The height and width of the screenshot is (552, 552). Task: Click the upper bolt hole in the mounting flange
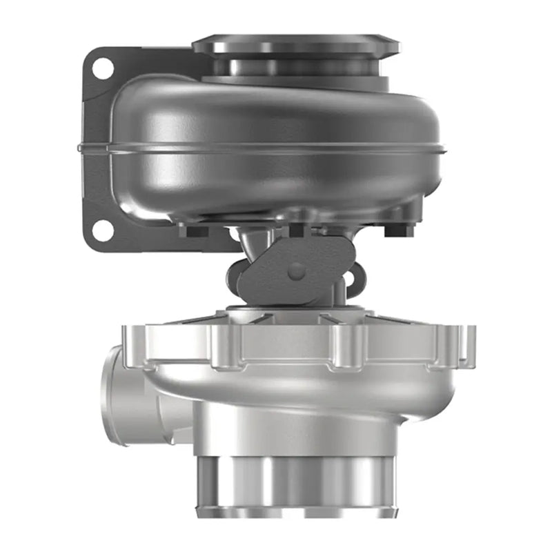pos(102,68)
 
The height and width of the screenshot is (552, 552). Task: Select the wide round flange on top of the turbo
pos(295,46)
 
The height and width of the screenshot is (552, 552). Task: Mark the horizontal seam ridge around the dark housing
pos(262,148)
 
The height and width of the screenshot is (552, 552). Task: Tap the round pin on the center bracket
pos(297,270)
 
